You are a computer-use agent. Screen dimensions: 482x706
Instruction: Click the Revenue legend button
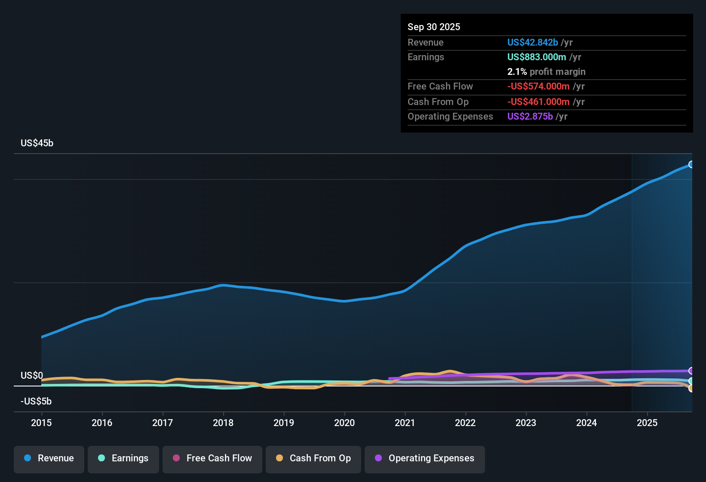coord(49,458)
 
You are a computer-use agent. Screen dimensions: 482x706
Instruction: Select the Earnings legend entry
coord(123,458)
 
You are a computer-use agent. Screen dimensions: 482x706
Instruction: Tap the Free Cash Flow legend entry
coord(212,458)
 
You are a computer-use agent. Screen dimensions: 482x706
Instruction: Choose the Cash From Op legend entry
coord(313,458)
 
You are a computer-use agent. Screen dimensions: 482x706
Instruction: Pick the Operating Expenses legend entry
coord(425,458)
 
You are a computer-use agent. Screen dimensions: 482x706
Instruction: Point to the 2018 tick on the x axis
coord(223,423)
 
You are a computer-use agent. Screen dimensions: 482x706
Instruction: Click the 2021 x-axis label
coord(405,423)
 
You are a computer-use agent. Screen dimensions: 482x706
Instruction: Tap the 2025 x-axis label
coord(647,423)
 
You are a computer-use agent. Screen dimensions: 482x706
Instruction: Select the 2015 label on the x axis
coord(41,423)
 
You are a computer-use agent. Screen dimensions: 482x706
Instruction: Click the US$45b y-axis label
coord(37,143)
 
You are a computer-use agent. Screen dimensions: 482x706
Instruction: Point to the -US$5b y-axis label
coord(36,402)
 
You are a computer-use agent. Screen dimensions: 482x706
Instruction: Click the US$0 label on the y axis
coord(32,376)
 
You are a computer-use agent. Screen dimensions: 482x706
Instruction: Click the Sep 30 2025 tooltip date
coord(434,27)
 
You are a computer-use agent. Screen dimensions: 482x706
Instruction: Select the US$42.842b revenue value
coord(532,43)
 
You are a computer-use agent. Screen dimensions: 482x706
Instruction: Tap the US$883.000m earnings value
coord(537,57)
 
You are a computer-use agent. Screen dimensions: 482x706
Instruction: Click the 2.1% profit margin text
coord(546,72)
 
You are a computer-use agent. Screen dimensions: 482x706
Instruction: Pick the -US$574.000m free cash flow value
coord(538,87)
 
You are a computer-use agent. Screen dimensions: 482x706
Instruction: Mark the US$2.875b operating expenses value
coord(530,117)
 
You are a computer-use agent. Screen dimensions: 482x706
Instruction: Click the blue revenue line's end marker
coord(691,164)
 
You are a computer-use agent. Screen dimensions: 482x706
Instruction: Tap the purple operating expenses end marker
coord(691,371)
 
